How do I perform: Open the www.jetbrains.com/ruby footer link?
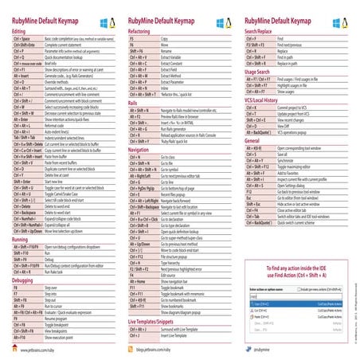(47, 349)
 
